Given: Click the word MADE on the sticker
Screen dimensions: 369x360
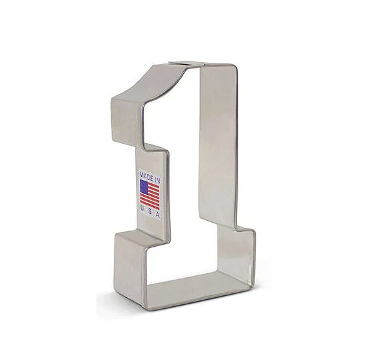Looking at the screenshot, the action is pyautogui.click(x=146, y=175).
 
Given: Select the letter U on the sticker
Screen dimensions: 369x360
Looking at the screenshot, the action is pyautogui.click(x=142, y=207).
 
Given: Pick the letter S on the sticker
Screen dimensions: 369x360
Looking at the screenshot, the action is pyautogui.click(x=150, y=212).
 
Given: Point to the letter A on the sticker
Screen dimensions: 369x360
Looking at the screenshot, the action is pyautogui.click(x=158, y=215).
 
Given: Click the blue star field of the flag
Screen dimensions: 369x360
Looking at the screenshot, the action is pyautogui.click(x=144, y=186).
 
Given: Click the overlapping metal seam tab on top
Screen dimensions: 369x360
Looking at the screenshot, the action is pyautogui.click(x=186, y=63).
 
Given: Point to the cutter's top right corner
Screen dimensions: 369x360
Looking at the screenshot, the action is pyautogui.click(x=236, y=65).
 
